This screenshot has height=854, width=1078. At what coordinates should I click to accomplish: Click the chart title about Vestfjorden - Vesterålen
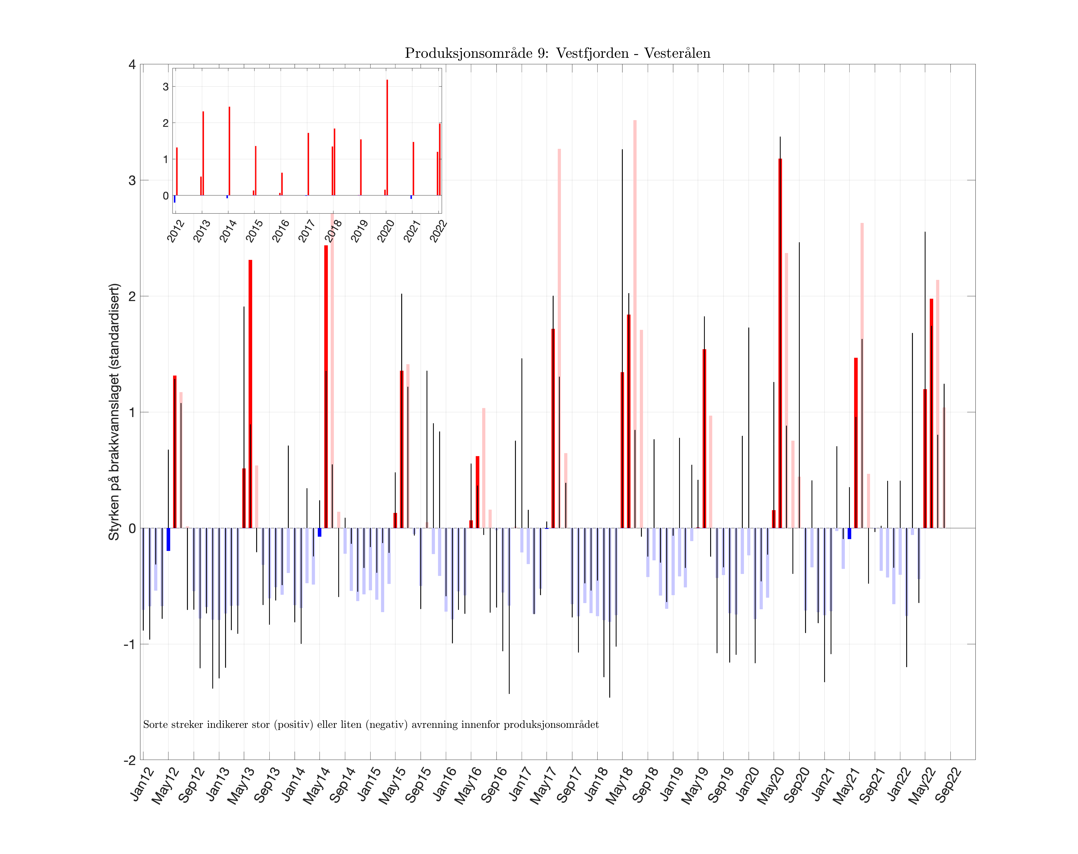click(x=557, y=53)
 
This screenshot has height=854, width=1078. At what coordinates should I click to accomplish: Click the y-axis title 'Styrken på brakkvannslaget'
click(x=114, y=412)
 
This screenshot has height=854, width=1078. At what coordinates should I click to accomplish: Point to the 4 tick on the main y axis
click(x=132, y=65)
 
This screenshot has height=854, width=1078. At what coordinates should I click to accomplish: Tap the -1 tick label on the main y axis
click(x=130, y=644)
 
